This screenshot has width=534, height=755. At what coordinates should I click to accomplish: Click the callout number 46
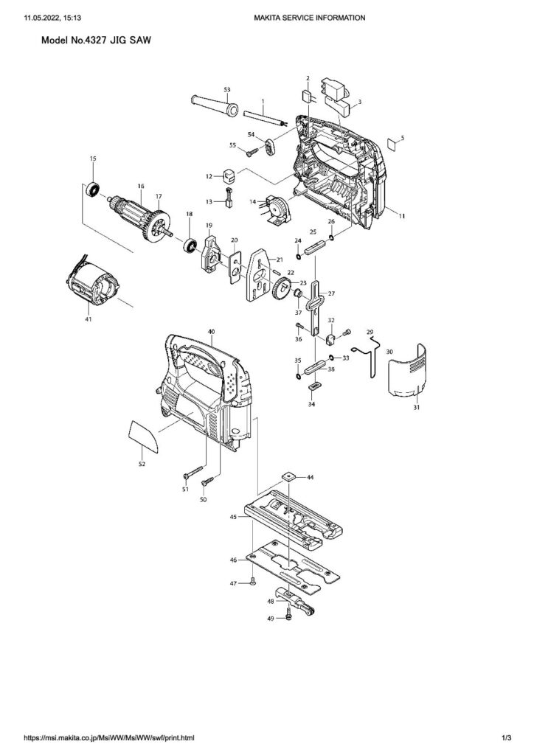pyautogui.click(x=234, y=560)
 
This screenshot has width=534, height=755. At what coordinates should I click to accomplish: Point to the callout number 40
pyautogui.click(x=212, y=333)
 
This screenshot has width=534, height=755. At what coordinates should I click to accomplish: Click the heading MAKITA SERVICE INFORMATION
pyautogui.click(x=309, y=16)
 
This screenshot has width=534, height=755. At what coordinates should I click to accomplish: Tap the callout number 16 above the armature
pyautogui.click(x=140, y=187)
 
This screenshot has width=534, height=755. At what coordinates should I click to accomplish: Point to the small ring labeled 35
pyautogui.click(x=299, y=375)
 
